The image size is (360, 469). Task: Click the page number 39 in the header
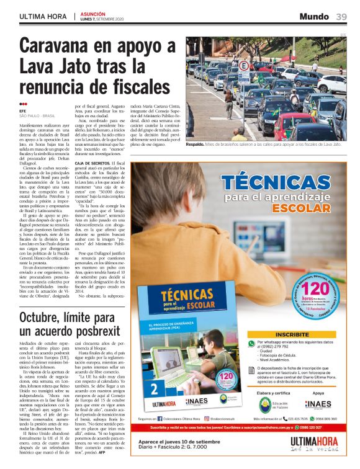pos(341,16)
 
